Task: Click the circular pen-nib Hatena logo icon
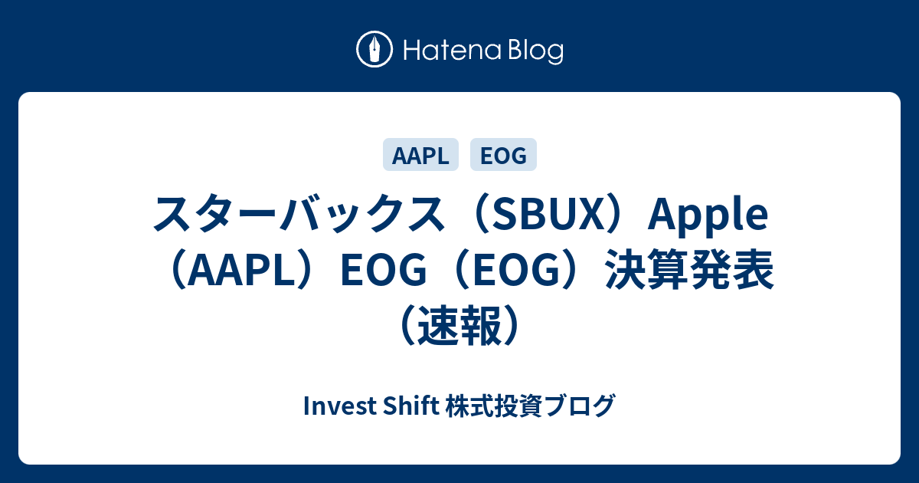point(374,49)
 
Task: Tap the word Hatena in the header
point(453,51)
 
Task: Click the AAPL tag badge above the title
point(420,154)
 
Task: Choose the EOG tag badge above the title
point(503,154)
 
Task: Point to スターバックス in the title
point(299,214)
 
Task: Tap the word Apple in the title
point(708,215)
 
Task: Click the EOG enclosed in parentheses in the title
point(517,270)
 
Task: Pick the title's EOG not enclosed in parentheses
point(384,270)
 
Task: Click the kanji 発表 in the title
point(732,270)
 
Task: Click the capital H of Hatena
point(413,51)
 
